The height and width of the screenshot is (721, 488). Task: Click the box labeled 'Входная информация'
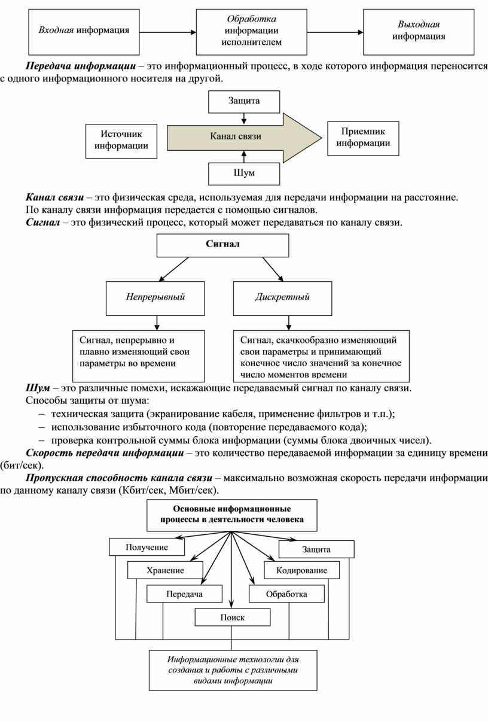84,32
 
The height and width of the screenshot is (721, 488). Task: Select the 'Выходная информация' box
419,32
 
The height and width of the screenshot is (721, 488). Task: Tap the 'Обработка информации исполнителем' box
251,32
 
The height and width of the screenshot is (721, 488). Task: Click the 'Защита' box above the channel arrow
244,102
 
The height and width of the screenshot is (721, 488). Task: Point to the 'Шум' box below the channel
244,174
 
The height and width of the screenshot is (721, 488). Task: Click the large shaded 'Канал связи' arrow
244,138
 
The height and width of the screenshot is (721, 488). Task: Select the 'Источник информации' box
121,141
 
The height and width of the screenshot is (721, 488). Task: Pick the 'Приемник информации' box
363,138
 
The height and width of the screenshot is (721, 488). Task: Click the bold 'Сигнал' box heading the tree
222,245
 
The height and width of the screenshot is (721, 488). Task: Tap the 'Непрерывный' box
155,299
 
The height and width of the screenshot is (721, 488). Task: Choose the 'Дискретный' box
282,299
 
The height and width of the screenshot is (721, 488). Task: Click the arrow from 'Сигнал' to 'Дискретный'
273,269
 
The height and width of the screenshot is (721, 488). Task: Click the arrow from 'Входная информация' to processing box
167,32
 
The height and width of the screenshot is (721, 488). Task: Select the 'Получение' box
147,547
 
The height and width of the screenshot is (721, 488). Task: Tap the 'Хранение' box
165,570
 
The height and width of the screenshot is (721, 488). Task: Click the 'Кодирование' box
302,570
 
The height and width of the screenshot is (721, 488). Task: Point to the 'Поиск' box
233,617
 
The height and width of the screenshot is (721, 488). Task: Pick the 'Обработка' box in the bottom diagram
286,594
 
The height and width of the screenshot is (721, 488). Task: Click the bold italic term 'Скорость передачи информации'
105,453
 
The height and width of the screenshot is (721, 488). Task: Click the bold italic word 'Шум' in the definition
38,388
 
